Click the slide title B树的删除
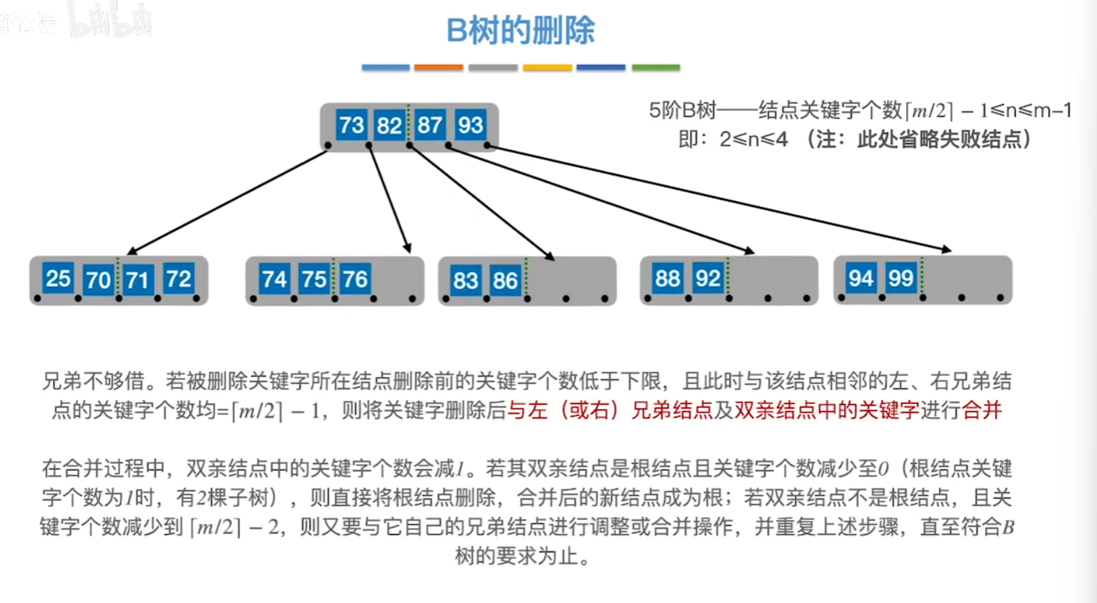521,30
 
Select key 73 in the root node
352,125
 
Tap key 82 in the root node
390,125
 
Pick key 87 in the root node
429,125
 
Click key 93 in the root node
470,125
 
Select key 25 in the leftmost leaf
58,279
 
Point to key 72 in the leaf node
179,279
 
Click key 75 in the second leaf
314,279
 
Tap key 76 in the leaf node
355,279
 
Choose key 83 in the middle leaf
466,280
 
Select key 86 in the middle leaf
505,280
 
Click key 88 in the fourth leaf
668,279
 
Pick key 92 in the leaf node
708,279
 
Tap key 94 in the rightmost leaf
860,279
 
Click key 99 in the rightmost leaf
901,279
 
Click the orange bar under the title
439,67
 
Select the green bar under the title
656,67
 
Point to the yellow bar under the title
547,67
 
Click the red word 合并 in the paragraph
982,410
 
